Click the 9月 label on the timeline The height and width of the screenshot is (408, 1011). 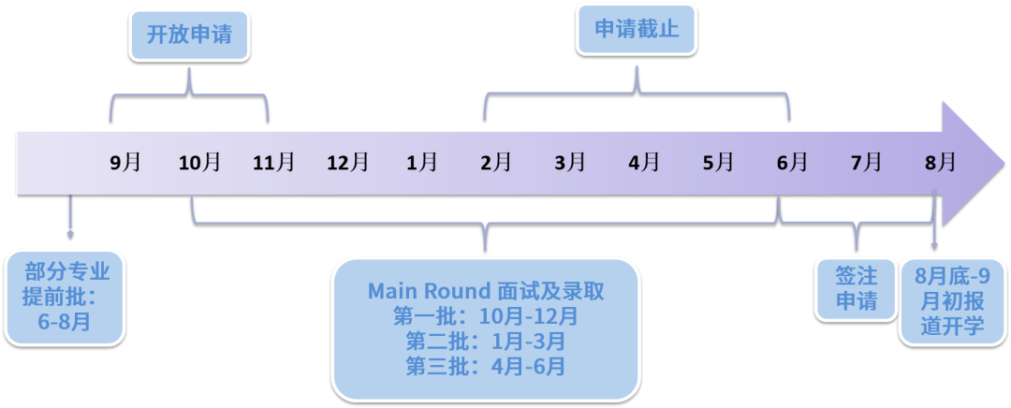coord(125,162)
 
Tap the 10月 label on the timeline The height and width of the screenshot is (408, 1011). coord(199,162)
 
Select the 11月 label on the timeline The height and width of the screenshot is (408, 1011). coord(273,162)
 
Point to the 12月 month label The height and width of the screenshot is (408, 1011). coord(347,162)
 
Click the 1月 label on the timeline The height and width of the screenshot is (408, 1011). coord(421,162)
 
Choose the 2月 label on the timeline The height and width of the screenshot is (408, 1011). coord(495,162)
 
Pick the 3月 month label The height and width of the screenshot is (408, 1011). coord(569,162)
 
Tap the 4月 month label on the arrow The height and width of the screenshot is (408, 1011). coord(643,162)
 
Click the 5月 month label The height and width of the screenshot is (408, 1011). coord(717,162)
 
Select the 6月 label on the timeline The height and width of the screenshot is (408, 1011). coord(791,162)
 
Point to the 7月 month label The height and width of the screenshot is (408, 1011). coord(866,162)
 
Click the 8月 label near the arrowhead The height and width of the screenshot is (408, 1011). coord(940,162)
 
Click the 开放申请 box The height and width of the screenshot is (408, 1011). coord(190,35)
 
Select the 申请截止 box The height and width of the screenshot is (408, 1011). coord(637,30)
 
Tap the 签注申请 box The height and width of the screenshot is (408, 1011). coord(856,288)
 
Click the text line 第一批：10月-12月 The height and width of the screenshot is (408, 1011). coord(485,316)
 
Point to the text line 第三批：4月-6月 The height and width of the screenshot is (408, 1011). coord(485,365)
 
